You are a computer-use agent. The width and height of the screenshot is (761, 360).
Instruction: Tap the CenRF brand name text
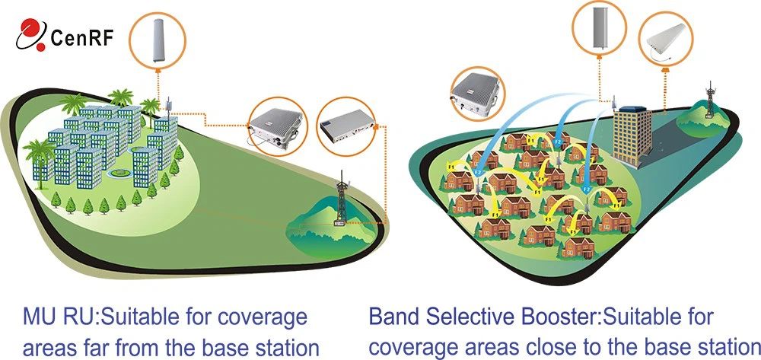81,37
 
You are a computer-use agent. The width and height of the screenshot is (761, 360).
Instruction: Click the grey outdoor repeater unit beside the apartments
275,126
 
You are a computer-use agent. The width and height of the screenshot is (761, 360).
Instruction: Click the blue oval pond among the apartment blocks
116,174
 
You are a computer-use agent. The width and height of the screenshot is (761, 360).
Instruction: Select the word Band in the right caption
392,317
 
